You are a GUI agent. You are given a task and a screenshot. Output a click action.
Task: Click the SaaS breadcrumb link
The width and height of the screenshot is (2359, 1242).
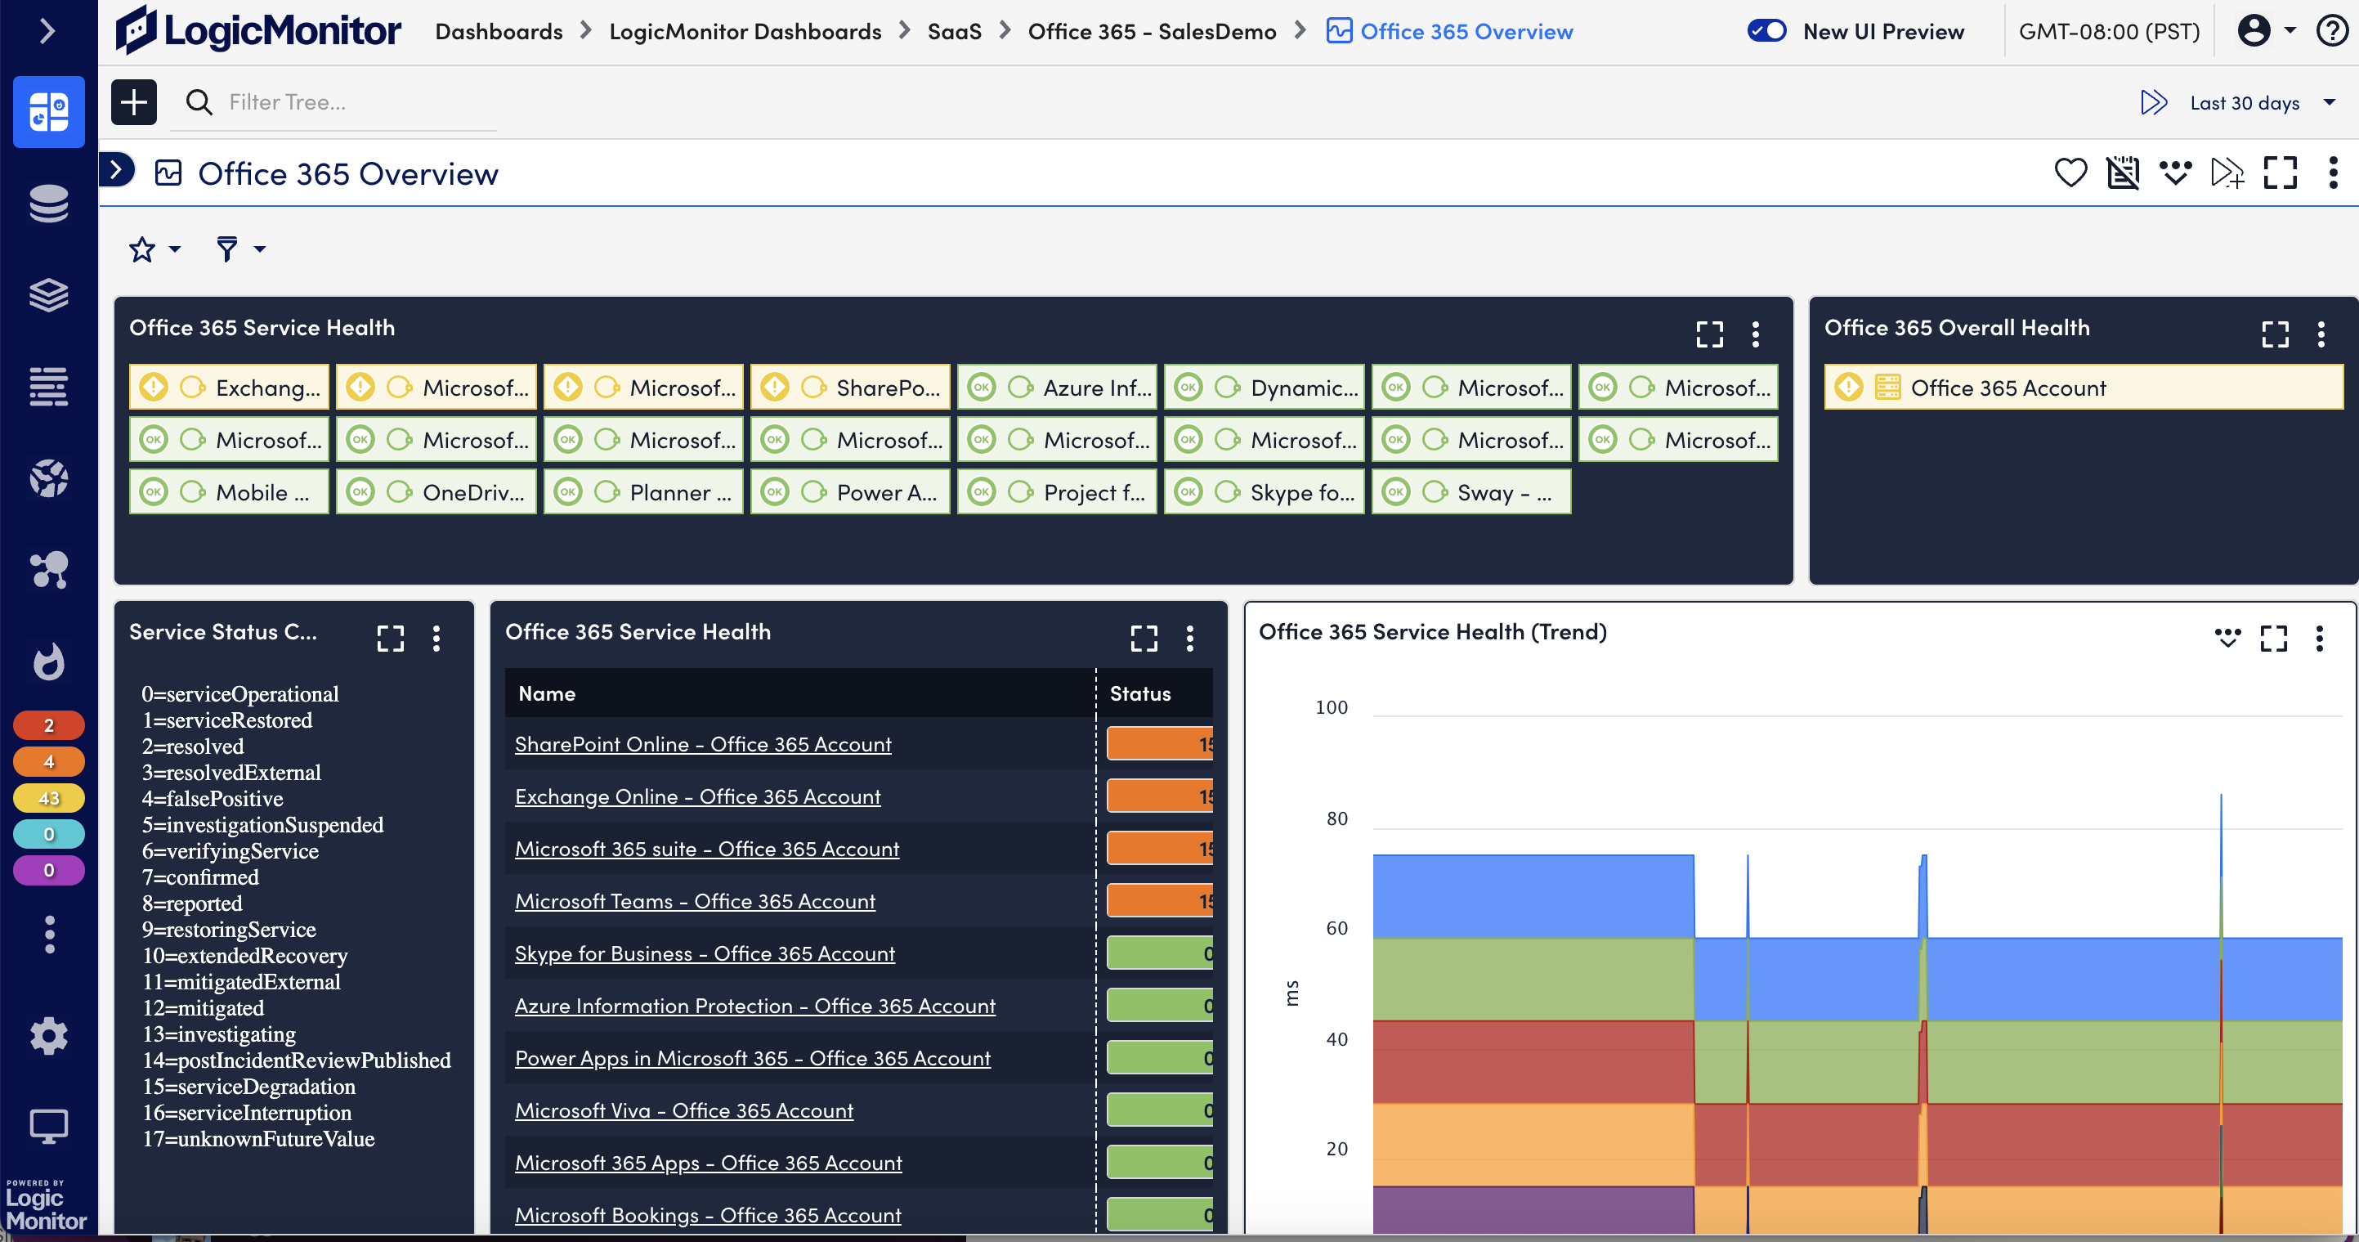coord(953,31)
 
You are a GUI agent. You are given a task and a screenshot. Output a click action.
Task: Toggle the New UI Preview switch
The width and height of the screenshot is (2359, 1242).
coord(1766,31)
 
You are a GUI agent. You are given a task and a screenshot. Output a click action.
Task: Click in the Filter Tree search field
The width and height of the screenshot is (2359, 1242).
coord(357,102)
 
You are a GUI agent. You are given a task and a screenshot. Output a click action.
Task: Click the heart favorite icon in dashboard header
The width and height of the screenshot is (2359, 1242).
coord(2070,173)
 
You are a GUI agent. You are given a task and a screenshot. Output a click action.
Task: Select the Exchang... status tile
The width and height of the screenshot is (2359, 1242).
coord(229,388)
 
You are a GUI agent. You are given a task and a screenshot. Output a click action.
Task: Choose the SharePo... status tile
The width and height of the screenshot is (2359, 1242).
coord(850,388)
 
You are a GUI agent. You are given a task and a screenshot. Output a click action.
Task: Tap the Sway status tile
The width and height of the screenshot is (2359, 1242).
coord(1470,492)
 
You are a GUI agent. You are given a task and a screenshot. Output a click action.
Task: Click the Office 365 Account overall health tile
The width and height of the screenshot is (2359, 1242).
coord(2083,388)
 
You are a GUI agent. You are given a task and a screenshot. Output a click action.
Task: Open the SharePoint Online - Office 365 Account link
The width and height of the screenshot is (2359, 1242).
coord(702,745)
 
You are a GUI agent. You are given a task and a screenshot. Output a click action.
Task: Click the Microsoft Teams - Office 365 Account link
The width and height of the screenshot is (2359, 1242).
coord(694,901)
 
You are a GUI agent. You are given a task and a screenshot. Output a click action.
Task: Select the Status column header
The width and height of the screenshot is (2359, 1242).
coord(1140,693)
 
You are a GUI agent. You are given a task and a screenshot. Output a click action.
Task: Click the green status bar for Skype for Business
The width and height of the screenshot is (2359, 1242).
coord(1158,953)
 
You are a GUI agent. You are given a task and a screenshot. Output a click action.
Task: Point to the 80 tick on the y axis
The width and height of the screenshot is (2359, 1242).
coord(1336,818)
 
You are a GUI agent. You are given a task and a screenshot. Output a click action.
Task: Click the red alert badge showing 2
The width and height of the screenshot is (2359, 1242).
coord(48,725)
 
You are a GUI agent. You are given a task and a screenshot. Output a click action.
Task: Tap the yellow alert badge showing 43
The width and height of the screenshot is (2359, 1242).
coord(48,798)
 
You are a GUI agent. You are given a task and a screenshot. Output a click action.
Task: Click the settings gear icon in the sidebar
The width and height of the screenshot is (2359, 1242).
coord(48,1036)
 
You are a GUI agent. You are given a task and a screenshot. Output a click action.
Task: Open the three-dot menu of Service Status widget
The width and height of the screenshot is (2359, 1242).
coord(436,638)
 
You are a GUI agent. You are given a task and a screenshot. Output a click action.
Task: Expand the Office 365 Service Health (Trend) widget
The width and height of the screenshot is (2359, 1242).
coord(2273,638)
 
